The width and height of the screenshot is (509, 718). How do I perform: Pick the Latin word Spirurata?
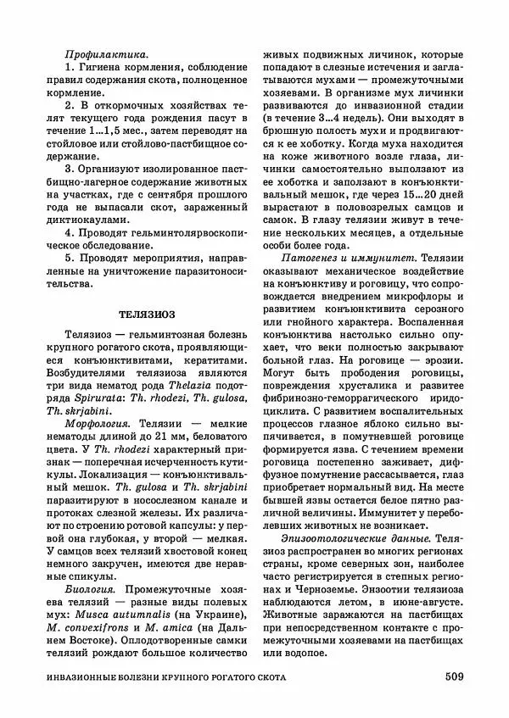(x=89, y=395)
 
